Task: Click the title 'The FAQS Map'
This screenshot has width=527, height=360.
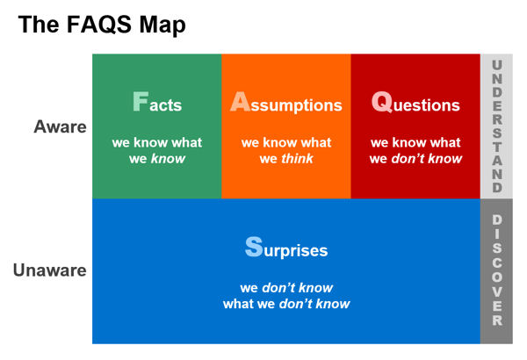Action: tap(102, 25)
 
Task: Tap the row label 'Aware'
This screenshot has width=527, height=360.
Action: tap(60, 126)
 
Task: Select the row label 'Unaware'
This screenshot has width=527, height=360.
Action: tap(50, 270)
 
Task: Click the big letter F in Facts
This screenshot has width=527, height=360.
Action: tap(141, 101)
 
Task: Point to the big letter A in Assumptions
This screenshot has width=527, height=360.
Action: tap(240, 101)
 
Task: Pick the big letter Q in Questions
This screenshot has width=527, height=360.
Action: tap(382, 102)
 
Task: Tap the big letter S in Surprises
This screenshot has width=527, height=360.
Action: tap(254, 247)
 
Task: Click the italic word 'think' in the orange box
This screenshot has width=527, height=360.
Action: tap(297, 158)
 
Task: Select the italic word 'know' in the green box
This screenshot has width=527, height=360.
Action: tap(168, 158)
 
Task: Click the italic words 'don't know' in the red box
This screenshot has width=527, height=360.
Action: tap(427, 158)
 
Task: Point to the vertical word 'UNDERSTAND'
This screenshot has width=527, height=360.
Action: tap(497, 126)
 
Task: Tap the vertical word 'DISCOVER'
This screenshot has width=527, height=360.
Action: tap(497, 270)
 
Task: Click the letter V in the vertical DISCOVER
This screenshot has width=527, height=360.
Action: tap(497, 292)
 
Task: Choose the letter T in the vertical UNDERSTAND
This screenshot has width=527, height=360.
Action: tap(497, 147)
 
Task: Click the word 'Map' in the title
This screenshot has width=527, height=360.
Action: tap(162, 26)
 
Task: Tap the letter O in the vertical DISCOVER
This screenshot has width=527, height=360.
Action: tap(497, 277)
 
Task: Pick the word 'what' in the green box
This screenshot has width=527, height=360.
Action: tap(186, 142)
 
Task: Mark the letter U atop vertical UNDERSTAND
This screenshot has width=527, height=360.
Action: tap(497, 65)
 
